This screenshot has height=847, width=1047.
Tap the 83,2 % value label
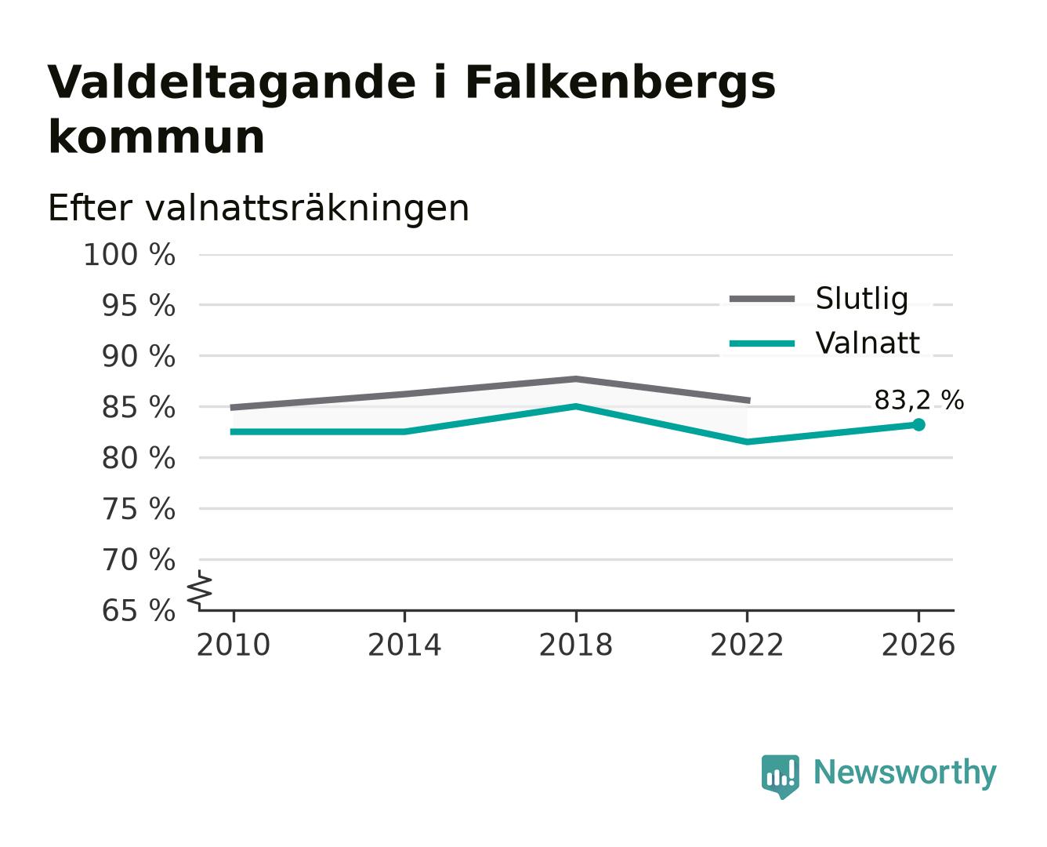click(918, 400)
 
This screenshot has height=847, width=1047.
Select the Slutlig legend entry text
click(862, 299)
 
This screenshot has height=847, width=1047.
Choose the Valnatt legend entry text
click(868, 343)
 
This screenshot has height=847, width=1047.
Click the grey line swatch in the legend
click(762, 299)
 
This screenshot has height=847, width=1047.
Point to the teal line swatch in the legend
click(762, 344)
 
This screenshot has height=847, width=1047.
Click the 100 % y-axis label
click(129, 255)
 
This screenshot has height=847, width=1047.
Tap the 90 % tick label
click(139, 356)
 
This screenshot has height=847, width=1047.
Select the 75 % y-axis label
click(139, 509)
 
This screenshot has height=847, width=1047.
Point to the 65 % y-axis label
click(139, 610)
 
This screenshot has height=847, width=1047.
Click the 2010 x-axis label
click(234, 645)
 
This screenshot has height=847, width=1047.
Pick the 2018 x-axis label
click(576, 645)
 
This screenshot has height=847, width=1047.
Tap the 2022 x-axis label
click(747, 645)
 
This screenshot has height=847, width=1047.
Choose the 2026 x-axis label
click(918, 645)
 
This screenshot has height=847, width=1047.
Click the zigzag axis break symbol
click(200, 590)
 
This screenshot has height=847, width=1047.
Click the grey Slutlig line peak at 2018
click(576, 379)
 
